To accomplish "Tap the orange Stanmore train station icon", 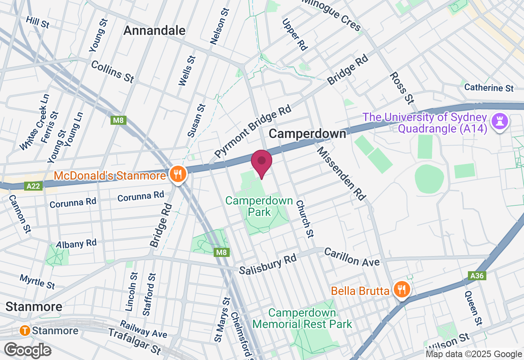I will pyautogui.click(x=25, y=331).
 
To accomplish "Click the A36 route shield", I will pyautogui.click(x=477, y=276).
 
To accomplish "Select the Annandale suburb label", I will pyautogui.click(x=154, y=30).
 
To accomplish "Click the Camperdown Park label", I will pyautogui.click(x=259, y=206).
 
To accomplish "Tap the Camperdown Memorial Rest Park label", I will pyautogui.click(x=302, y=319).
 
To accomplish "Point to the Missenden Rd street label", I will pyautogui.click(x=341, y=173).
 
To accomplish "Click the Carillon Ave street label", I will pyautogui.click(x=352, y=257).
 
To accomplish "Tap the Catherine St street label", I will pyautogui.click(x=489, y=88).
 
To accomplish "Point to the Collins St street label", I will pyautogui.click(x=113, y=72).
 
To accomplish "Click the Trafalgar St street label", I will pyautogui.click(x=135, y=341).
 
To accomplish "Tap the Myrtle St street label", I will pyautogui.click(x=37, y=282).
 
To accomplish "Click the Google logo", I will pyautogui.click(x=27, y=350).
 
